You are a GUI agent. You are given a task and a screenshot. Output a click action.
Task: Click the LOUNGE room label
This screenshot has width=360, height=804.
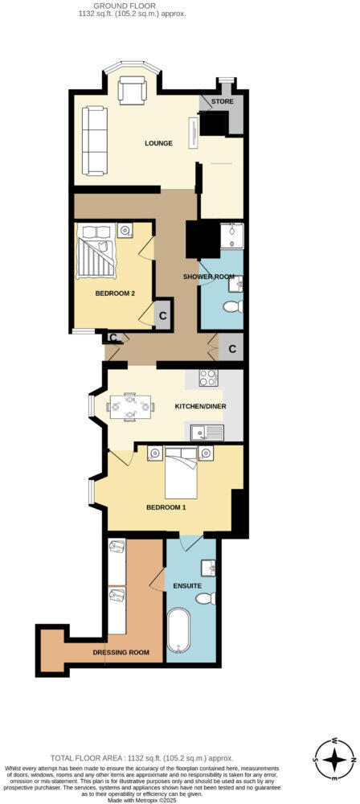coord(158,144)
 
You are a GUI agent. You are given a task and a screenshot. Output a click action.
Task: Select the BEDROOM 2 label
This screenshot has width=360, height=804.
coord(114,293)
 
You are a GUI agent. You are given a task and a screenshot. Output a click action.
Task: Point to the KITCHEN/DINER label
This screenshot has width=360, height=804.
coord(201,407)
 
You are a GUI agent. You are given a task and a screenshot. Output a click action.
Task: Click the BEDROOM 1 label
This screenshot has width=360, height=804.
coord(166,507)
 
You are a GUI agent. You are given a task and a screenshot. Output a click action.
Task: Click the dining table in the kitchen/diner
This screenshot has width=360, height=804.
coord(129,406)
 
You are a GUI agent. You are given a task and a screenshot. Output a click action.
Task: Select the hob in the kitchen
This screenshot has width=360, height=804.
coord(207,377)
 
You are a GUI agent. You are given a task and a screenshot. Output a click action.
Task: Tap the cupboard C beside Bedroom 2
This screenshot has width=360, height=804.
coord(162,314)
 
